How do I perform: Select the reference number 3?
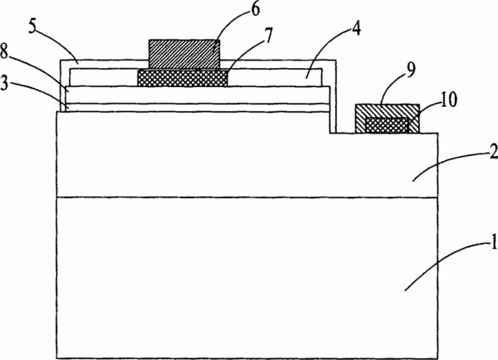4,83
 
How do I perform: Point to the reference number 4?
356,28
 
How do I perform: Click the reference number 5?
33,27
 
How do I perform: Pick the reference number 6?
256,9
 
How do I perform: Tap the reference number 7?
268,35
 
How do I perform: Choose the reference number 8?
4,51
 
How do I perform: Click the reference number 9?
410,70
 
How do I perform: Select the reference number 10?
448,99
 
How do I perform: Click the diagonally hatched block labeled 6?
184,54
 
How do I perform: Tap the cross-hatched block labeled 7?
183,78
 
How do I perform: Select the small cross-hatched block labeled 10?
387,125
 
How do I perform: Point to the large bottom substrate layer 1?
247,278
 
